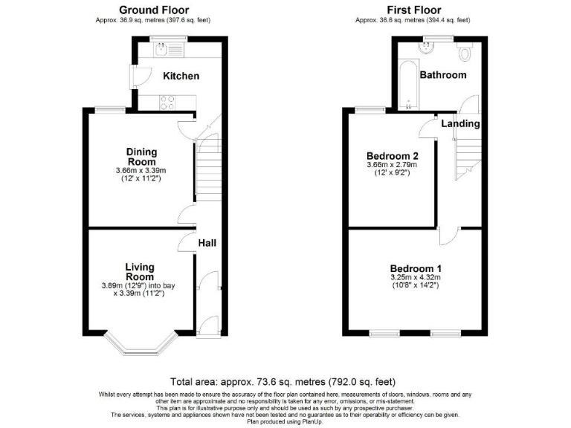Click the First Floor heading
413,10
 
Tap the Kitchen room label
181,76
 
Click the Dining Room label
141,157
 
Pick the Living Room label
140,272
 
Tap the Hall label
207,243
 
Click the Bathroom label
443,75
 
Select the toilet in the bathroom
465,52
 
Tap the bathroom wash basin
427,48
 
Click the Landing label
460,123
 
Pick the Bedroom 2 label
393,156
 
